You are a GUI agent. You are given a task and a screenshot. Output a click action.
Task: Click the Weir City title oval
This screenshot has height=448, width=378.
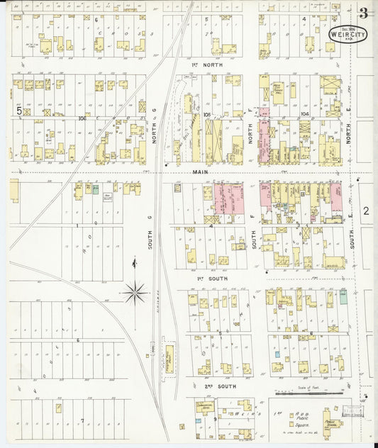(x=348, y=33)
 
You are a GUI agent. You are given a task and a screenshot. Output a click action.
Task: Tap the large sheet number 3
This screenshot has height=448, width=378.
(x=363, y=12)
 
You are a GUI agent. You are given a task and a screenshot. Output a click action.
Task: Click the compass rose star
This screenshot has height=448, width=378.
(x=134, y=291)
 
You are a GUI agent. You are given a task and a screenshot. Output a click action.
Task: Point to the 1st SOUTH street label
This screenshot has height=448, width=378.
(x=206, y=279)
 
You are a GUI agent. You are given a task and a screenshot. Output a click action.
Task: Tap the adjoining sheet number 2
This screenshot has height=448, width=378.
(x=366, y=211)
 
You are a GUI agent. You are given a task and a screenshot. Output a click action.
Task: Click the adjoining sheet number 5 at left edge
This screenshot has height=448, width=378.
(x=19, y=110)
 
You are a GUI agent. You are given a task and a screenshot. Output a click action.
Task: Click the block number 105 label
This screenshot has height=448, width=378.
(x=206, y=114)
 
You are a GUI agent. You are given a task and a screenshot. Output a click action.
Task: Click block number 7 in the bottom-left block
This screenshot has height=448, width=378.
(x=82, y=420)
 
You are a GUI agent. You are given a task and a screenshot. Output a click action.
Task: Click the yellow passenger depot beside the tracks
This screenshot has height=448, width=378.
(x=169, y=359)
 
